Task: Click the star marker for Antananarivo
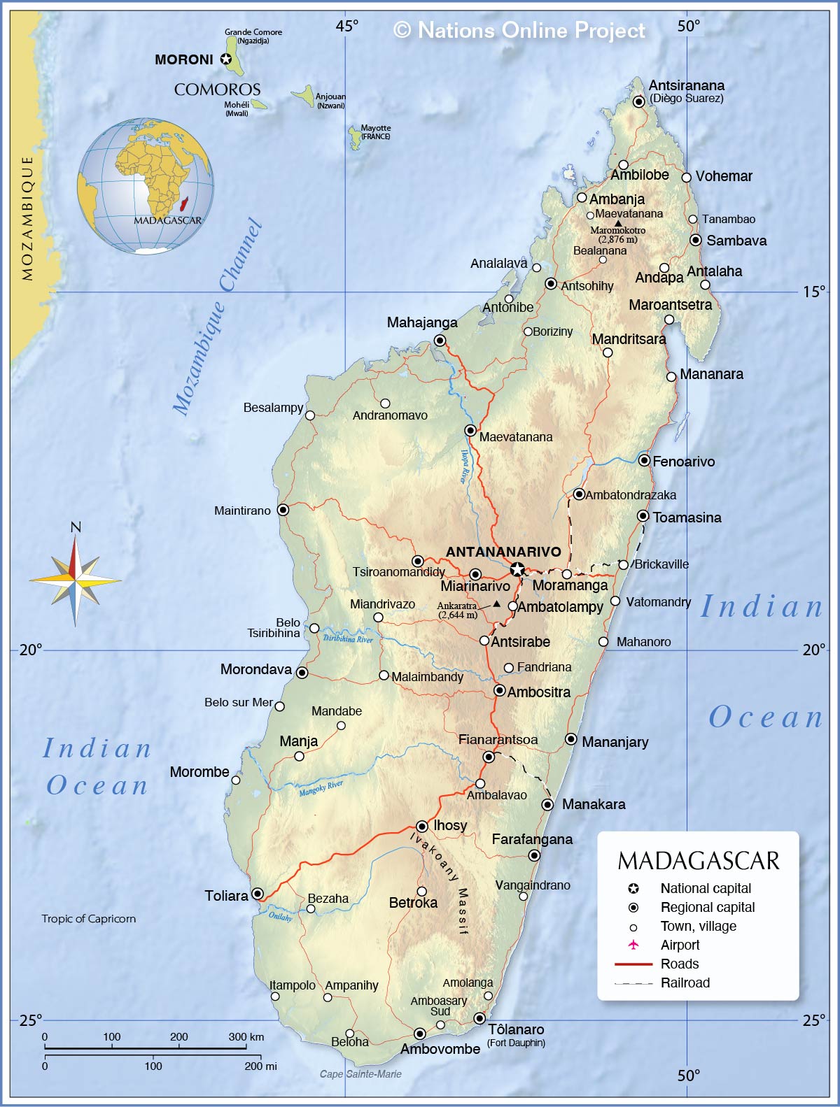click(x=517, y=569)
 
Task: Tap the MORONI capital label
click(x=183, y=59)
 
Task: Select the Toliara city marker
click(x=258, y=894)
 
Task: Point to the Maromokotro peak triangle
click(x=617, y=223)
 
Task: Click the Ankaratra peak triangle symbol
click(x=496, y=604)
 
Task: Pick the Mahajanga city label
click(x=422, y=322)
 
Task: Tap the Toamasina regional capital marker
click(x=643, y=516)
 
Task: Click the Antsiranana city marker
click(x=638, y=101)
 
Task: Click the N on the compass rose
click(x=76, y=527)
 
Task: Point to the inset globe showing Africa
click(x=146, y=186)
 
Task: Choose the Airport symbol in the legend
click(x=633, y=945)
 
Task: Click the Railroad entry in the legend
click(x=685, y=983)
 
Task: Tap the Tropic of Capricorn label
click(x=88, y=919)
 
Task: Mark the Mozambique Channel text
click(x=217, y=318)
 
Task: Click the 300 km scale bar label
click(x=246, y=1037)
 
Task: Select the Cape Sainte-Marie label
click(x=360, y=1074)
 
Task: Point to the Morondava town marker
click(x=302, y=673)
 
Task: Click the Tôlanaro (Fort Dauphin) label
click(x=516, y=1034)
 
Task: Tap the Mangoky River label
click(x=321, y=788)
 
